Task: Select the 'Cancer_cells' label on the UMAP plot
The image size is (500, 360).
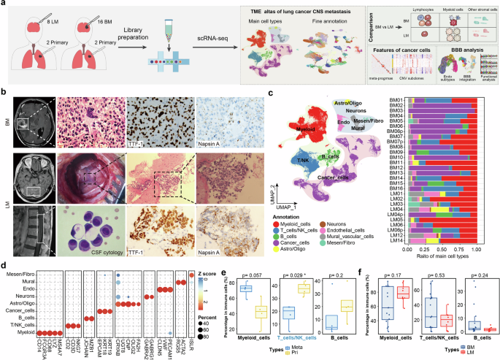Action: pyautogui.click(x=330, y=176)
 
